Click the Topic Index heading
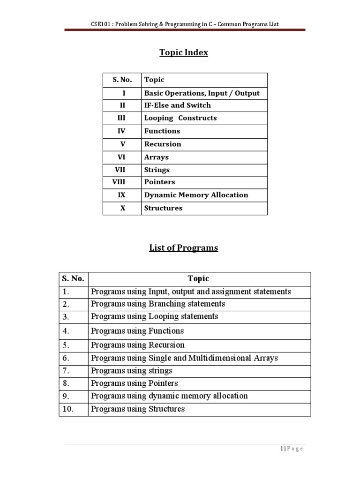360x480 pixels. tap(183, 52)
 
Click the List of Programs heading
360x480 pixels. tap(183, 248)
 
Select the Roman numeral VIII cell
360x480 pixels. tap(122, 182)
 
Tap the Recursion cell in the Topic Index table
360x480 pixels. tap(162, 144)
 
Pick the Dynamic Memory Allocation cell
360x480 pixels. tap(196, 195)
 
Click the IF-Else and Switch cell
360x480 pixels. tap(177, 105)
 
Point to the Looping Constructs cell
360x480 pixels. tap(180, 118)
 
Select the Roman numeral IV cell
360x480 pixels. tap(122, 131)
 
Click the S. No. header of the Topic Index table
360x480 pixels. tap(122, 80)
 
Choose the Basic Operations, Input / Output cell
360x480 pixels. tap(202, 93)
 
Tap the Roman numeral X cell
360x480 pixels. tap(123, 208)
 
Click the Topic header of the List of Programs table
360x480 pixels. tap(198, 279)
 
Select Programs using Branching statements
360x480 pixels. tap(158, 304)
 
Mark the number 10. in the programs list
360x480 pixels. tap(68, 409)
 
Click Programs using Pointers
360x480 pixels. tap(135, 383)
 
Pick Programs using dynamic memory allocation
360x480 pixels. tap(169, 396)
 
